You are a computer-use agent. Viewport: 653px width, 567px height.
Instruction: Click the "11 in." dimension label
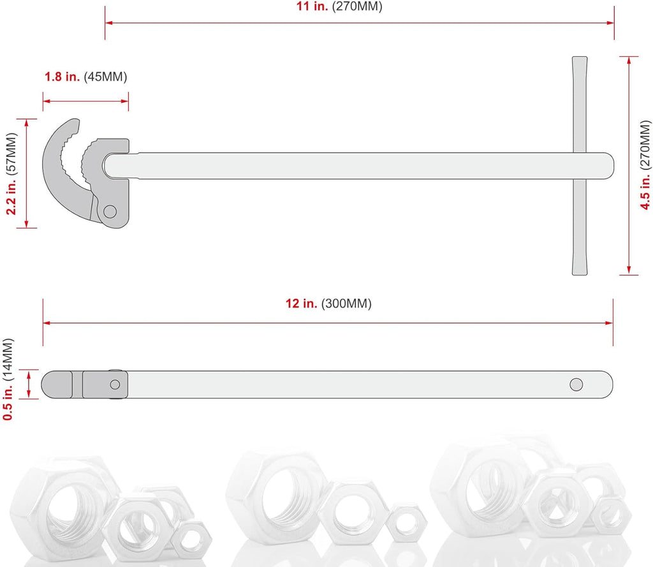tap(311, 7)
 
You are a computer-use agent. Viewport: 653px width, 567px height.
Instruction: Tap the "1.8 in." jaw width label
tap(62, 77)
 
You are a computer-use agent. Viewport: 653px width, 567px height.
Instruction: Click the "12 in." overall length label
tap(301, 304)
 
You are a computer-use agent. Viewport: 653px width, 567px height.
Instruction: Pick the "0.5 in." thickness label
tap(8, 402)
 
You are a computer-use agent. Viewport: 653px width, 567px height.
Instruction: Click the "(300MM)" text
tap(346, 304)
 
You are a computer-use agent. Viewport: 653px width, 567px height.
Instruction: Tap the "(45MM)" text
tap(106, 77)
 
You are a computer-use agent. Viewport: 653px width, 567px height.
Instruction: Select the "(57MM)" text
tap(11, 154)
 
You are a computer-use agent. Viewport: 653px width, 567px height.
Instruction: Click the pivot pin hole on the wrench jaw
tap(110, 211)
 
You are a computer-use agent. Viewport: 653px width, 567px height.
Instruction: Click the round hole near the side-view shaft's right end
tap(576, 384)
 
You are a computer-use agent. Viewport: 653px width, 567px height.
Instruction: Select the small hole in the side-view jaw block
tap(115, 384)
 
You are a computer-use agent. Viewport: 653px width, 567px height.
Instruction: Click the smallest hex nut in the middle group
tap(406, 522)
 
